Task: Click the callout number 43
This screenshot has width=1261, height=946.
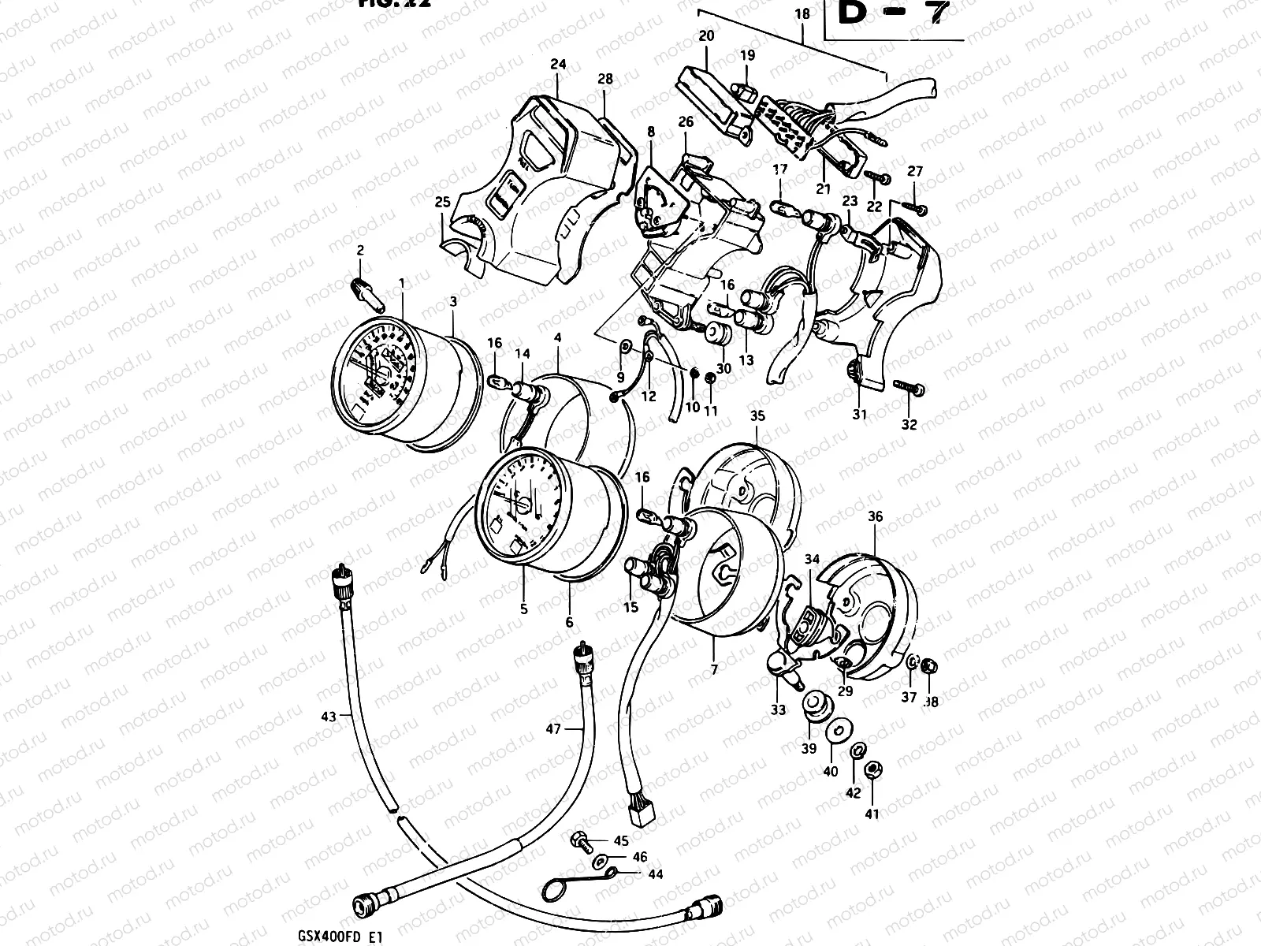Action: [x=329, y=717]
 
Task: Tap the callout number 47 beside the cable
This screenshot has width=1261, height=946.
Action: [x=553, y=729]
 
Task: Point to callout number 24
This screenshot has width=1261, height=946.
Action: [x=558, y=65]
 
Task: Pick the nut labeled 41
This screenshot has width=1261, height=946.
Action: [x=872, y=770]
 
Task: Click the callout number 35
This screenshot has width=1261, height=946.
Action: [x=757, y=415]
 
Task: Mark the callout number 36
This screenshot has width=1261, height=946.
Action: [x=876, y=516]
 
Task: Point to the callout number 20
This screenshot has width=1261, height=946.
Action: [x=706, y=35]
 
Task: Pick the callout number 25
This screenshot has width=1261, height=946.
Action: [x=442, y=202]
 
